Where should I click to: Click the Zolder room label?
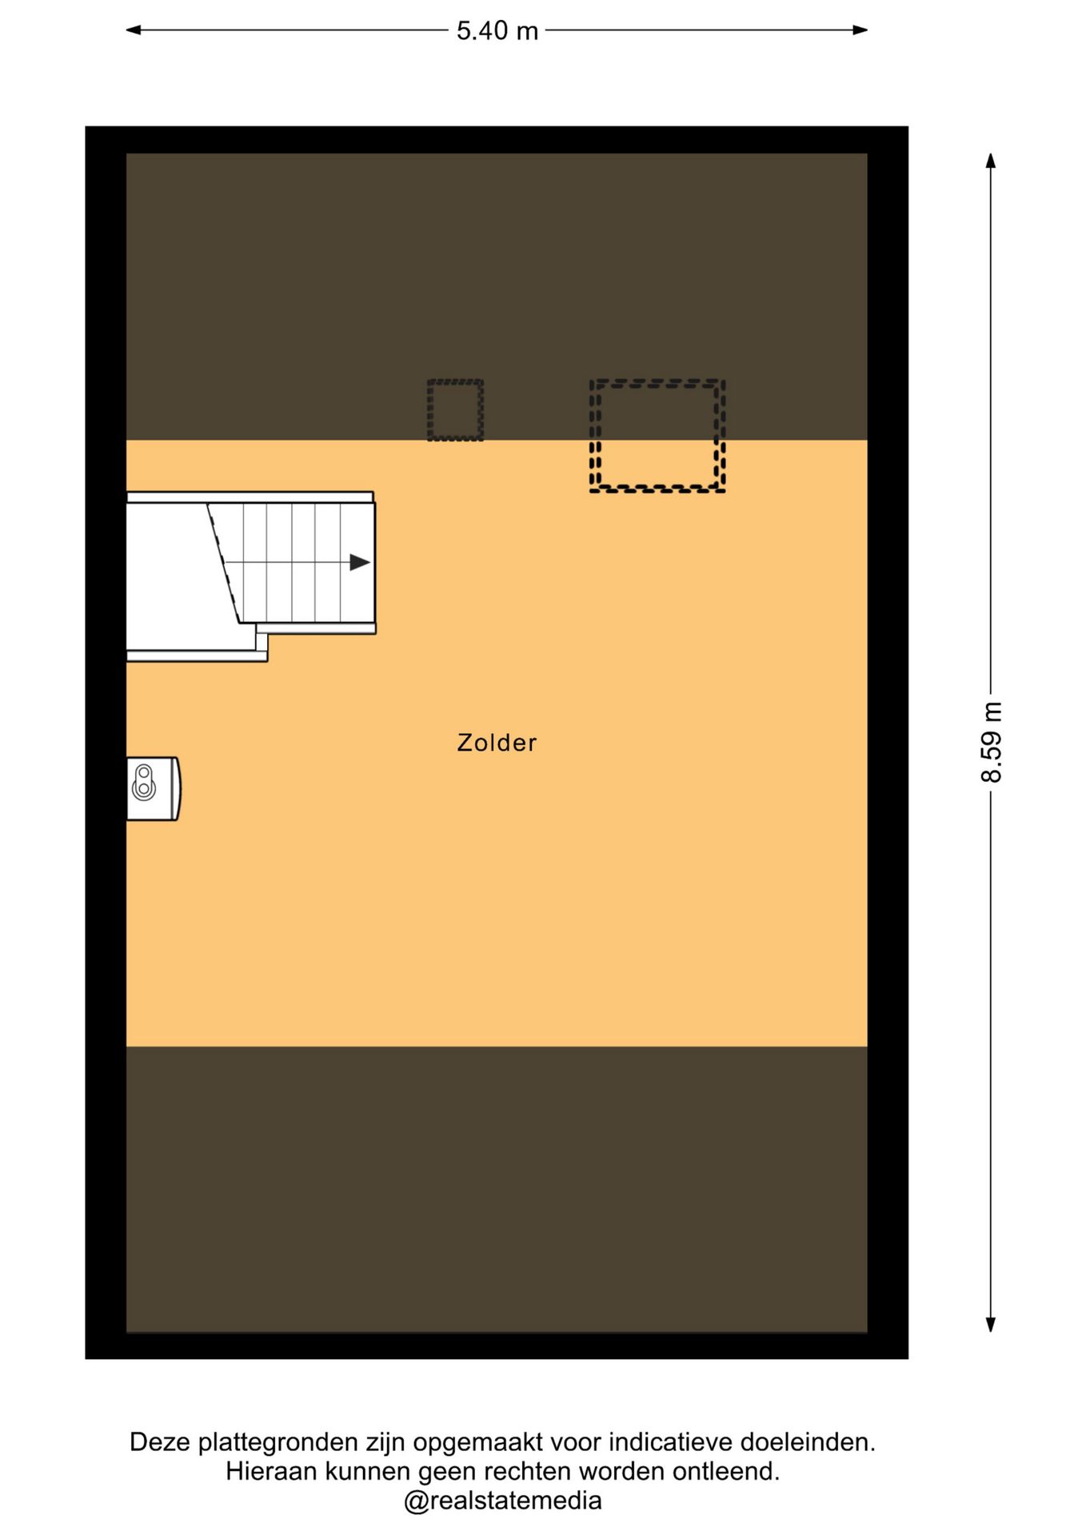pyautogui.click(x=497, y=743)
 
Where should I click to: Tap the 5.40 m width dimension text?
pyautogui.click(x=497, y=30)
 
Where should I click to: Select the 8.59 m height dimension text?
pyautogui.click(x=992, y=743)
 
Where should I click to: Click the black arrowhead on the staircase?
pyautogui.click(x=360, y=562)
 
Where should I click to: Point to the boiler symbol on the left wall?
pyautogui.click(x=154, y=788)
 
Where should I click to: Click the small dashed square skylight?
pyautogui.click(x=455, y=410)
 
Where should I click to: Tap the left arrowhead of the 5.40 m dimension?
pyautogui.click(x=134, y=30)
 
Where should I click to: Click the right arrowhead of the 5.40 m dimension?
pyautogui.click(x=860, y=30)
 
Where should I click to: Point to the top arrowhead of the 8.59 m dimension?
pyautogui.click(x=991, y=161)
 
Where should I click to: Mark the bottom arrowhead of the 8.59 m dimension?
pyautogui.click(x=991, y=1325)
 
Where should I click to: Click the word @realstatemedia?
pyautogui.click(x=502, y=1501)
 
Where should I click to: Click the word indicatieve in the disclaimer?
pyautogui.click(x=671, y=1442)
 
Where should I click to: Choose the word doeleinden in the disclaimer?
pyautogui.click(x=808, y=1442)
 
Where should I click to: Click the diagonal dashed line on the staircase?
pyautogui.click(x=225, y=563)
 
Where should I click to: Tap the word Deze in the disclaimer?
pyautogui.click(x=160, y=1442)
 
